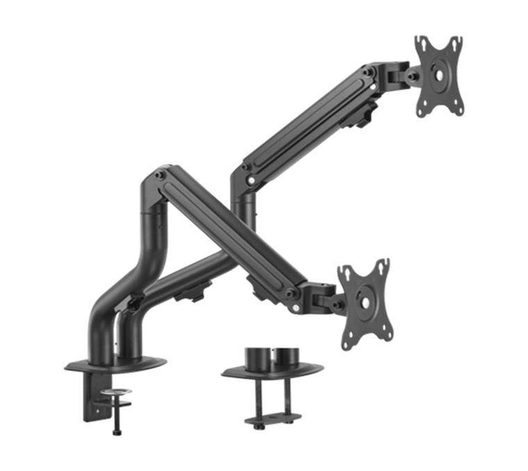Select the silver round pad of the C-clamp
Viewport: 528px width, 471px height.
tap(115, 394)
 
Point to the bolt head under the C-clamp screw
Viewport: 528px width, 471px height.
tap(115, 431)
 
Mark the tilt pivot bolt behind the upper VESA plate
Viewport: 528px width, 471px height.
tap(411, 76)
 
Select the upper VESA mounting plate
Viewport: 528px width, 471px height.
tap(440, 75)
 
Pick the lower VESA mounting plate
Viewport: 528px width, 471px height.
tap(365, 304)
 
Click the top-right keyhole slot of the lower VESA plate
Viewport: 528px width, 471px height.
tap(381, 268)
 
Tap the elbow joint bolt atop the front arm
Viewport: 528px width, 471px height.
tap(160, 175)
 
